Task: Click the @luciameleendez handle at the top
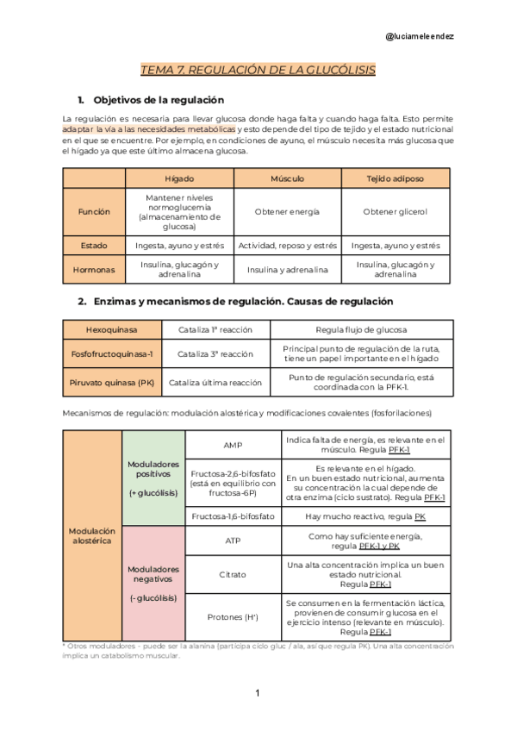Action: tap(420, 36)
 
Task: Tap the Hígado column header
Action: tap(179, 178)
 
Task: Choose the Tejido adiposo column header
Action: tap(396, 178)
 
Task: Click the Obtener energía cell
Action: tap(287, 211)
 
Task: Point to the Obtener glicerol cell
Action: tap(396, 211)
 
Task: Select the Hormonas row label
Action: tap(95, 269)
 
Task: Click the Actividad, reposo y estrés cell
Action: tap(287, 246)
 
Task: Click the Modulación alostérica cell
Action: tap(90, 534)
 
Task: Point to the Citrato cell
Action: tap(233, 573)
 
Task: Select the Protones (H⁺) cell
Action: tap(233, 616)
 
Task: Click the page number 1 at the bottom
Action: tap(257, 693)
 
